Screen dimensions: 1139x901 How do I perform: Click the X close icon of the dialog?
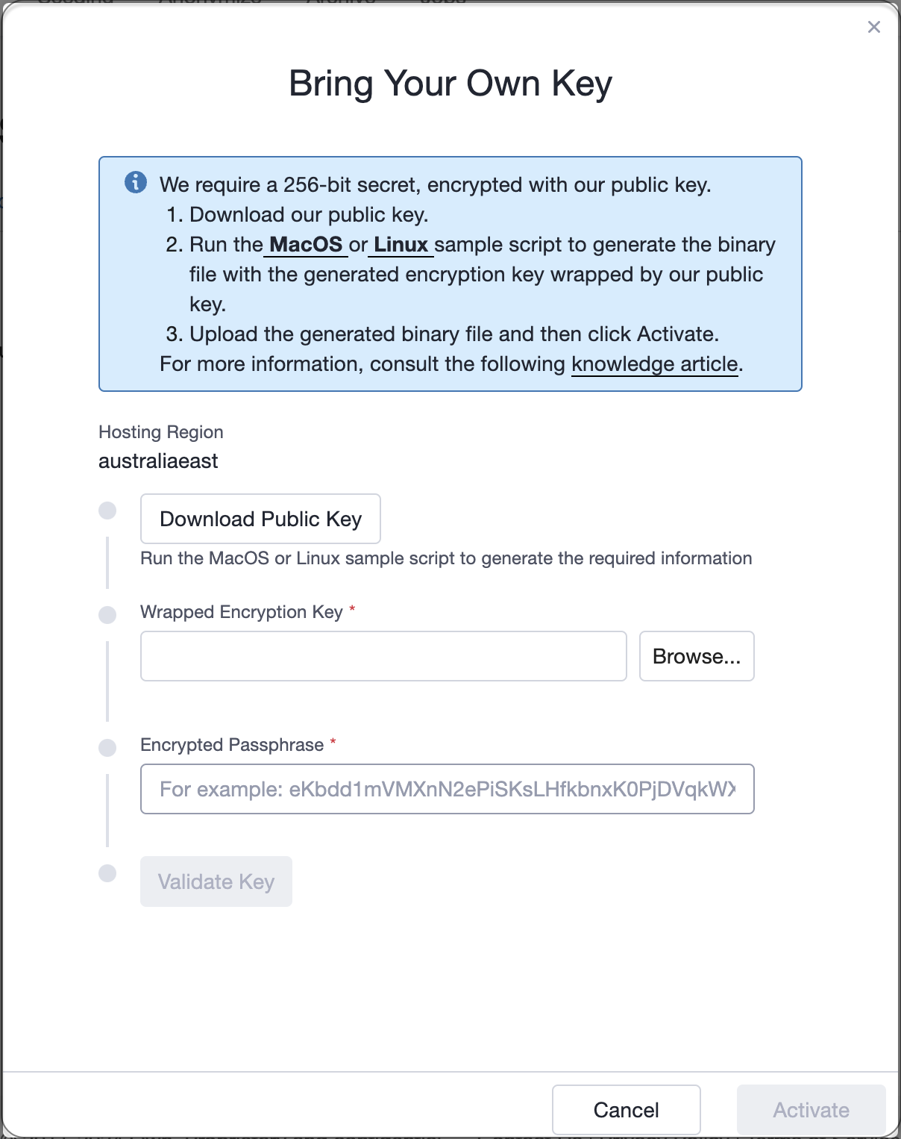coord(874,28)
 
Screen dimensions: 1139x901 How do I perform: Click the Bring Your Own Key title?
coord(450,84)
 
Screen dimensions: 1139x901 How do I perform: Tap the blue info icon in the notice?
coord(136,182)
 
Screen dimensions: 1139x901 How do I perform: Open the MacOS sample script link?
coord(306,245)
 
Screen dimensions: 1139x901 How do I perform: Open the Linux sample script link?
coord(401,245)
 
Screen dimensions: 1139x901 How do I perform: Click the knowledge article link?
coord(655,364)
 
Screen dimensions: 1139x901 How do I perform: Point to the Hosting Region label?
coord(161,432)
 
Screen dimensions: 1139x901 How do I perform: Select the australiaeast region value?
coord(158,461)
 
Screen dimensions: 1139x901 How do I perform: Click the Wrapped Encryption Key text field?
coord(383,656)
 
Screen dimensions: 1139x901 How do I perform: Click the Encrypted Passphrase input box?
coord(448,789)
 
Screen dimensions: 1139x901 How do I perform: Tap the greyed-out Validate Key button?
coord(216,881)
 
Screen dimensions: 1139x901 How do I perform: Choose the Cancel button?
coord(627,1110)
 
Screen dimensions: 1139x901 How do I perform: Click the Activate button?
coord(811,1110)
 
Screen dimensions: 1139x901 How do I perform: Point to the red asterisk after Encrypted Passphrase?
coord(333,741)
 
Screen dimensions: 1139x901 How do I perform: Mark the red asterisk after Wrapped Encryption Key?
coord(352,608)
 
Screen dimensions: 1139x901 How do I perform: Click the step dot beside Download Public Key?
coord(107,510)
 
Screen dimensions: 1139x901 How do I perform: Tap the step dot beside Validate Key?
coord(107,873)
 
